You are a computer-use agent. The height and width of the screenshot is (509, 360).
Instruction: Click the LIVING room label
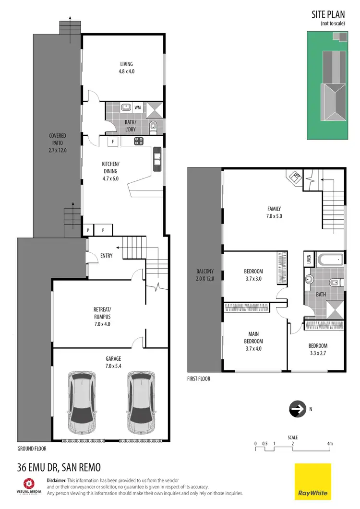click(x=126, y=67)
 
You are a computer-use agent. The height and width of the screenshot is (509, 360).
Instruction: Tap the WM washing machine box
click(x=138, y=107)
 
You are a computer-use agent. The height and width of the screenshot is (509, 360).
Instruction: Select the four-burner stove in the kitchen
click(x=139, y=141)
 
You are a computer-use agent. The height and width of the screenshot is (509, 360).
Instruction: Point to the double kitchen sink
click(x=157, y=159)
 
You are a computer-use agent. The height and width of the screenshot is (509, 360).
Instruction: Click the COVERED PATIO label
click(x=57, y=143)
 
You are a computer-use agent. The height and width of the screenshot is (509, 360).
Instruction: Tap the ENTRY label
click(x=107, y=256)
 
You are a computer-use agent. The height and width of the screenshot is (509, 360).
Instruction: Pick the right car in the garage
click(x=140, y=402)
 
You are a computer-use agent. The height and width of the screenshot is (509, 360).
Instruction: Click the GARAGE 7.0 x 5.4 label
click(x=113, y=361)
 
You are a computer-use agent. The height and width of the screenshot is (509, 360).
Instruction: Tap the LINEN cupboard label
click(x=308, y=260)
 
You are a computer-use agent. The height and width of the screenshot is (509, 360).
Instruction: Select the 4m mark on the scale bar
click(x=330, y=444)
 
